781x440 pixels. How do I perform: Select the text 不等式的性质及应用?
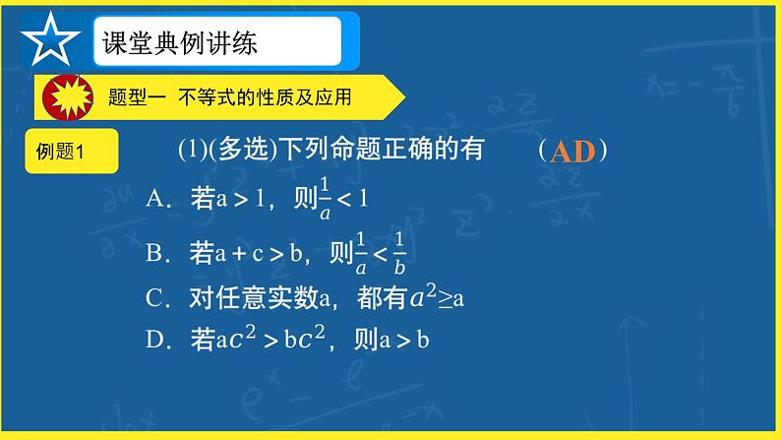(265, 97)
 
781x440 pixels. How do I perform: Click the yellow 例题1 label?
(62, 152)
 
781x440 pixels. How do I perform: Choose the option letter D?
(154, 341)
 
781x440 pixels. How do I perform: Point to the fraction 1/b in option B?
(398, 254)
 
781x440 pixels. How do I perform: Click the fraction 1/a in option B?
(361, 254)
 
